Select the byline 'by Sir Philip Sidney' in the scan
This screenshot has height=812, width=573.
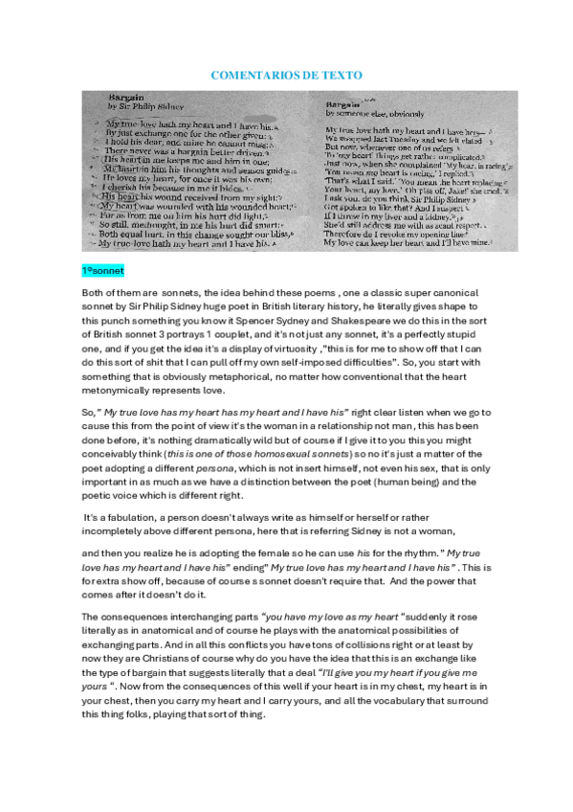click(x=139, y=107)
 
